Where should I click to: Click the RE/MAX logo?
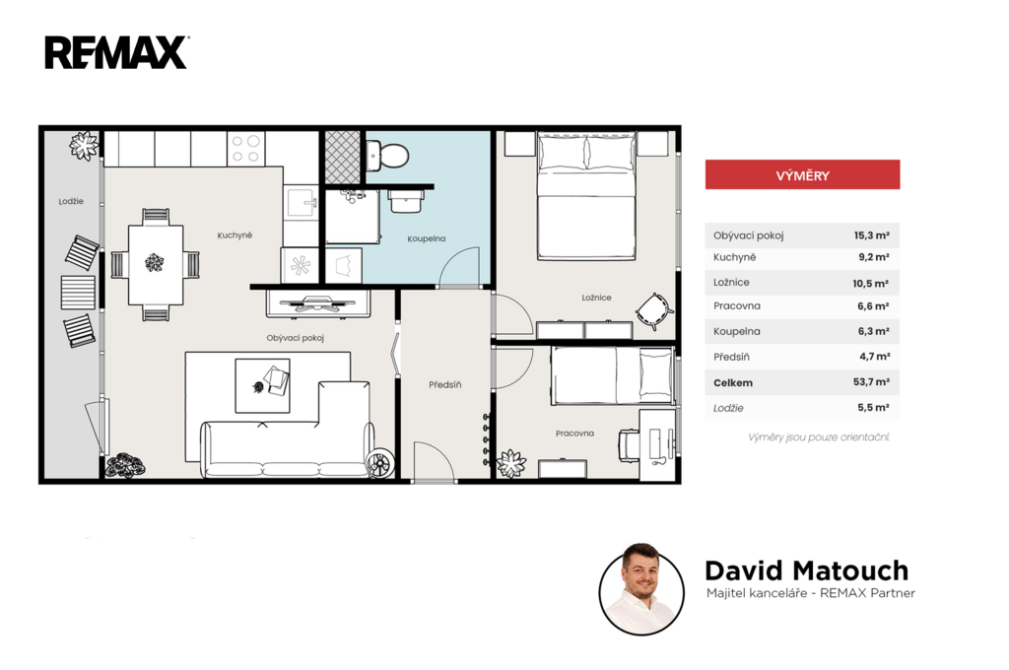[116, 53]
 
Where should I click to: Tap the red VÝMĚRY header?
[802, 175]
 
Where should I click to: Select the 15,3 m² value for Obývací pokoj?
[871, 235]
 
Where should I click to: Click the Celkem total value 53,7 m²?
[871, 382]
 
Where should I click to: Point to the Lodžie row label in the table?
[728, 408]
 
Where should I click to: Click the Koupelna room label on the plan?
[426, 238]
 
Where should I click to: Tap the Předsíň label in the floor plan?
[444, 385]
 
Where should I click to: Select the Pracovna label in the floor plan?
[574, 434]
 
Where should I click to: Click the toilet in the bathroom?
[387, 155]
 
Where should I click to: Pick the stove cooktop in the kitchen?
[245, 149]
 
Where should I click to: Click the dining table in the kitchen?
[155, 264]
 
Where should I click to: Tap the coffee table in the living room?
[262, 385]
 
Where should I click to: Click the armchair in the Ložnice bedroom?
[654, 311]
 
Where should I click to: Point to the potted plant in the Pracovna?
[511, 463]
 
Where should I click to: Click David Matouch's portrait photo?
[640, 589]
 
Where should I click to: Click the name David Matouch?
[806, 570]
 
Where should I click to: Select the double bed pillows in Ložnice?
[585, 153]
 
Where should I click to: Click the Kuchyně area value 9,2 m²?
[874, 257]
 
